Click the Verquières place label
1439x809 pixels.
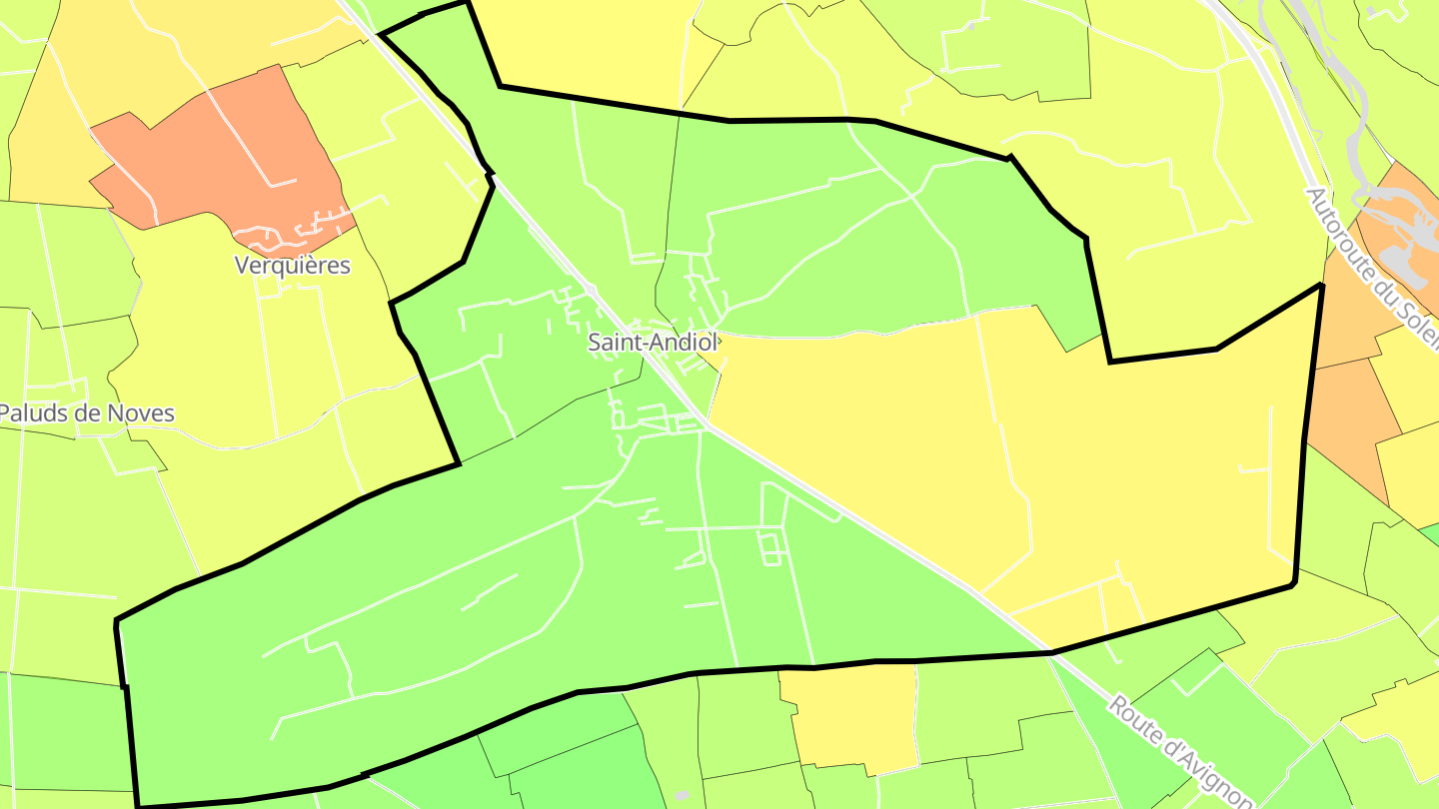[292, 266]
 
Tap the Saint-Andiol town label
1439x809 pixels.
[653, 342]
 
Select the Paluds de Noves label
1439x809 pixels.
[87, 413]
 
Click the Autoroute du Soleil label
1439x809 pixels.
[1370, 265]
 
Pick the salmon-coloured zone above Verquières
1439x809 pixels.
[230, 150]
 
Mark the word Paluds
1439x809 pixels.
[30, 413]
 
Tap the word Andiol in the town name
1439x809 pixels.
[685, 342]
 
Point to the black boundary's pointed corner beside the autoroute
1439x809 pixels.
[1322, 286]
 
